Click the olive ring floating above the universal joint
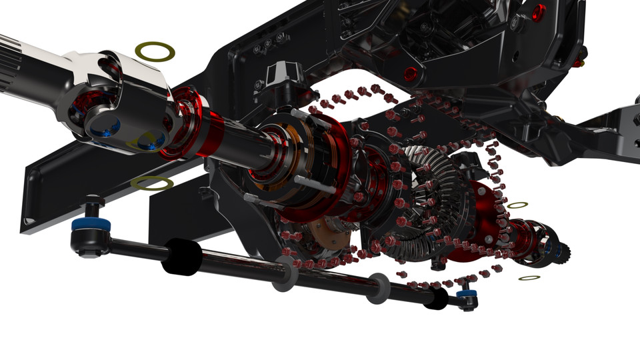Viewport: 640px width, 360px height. point(155,51)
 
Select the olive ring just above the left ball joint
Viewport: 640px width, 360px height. point(152,183)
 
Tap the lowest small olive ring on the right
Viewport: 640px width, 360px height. point(529,277)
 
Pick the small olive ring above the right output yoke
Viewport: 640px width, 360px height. point(518,205)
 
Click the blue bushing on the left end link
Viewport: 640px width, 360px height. point(86,223)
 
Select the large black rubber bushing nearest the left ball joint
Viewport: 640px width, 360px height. point(181,256)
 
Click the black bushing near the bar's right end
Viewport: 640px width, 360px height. point(436,298)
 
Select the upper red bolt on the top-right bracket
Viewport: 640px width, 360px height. point(539,11)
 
